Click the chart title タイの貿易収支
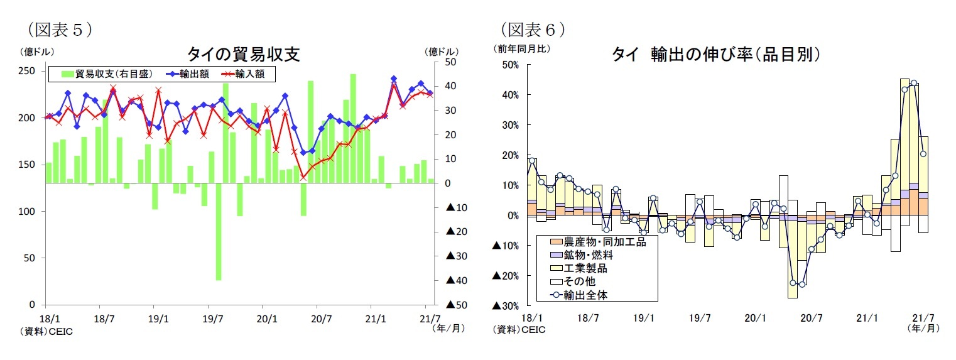(243, 55)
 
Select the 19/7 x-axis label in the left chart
(213, 319)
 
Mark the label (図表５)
(60, 28)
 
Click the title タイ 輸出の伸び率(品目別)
(716, 55)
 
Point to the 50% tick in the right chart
(509, 65)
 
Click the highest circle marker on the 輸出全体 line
(914, 83)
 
